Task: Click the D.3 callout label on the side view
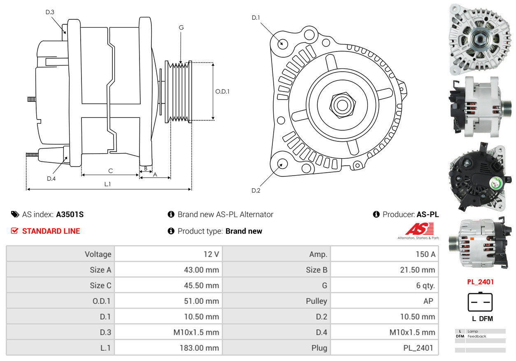point(50,12)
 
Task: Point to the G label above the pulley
point(181,28)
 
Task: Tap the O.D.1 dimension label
point(222,91)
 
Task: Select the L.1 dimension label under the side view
point(107,184)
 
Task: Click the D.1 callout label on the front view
point(256,18)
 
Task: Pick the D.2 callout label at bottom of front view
point(256,190)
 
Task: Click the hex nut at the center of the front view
point(342,105)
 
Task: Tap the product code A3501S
point(70,215)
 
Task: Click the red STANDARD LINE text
point(51,231)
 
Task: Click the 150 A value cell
point(426,254)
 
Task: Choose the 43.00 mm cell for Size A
point(201,270)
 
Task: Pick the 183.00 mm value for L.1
point(199,348)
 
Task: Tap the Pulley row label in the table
point(316,301)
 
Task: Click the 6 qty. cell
point(425,286)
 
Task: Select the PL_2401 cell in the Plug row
point(418,348)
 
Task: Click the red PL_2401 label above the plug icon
point(480,282)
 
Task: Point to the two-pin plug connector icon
point(480,302)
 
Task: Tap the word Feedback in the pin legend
point(476,336)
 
